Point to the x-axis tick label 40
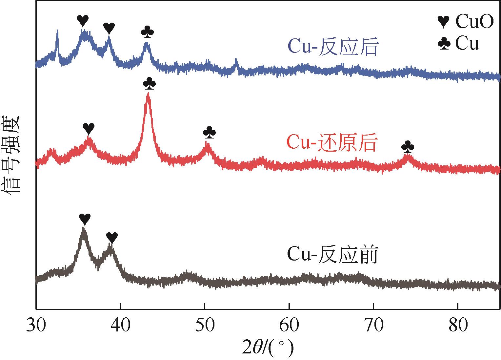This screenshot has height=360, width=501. [120, 326]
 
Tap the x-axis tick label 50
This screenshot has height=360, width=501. [205, 326]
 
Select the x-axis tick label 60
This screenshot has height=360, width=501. [289, 326]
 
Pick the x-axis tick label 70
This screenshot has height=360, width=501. [373, 326]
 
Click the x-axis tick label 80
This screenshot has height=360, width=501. [457, 326]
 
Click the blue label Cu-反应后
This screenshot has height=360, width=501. [333, 48]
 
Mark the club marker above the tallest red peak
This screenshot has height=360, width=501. [150, 83]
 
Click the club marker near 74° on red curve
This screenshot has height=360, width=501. [408, 147]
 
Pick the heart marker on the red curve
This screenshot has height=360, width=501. [89, 128]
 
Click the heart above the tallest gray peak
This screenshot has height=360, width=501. [85, 218]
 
